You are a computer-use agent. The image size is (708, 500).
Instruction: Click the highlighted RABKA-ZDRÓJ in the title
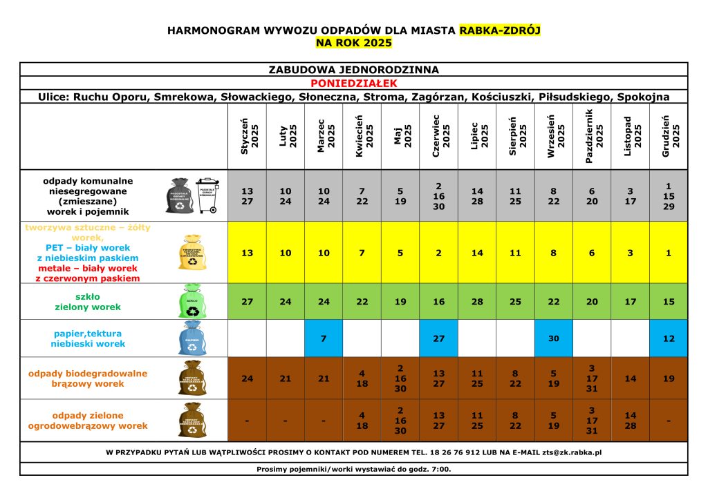pyautogui.click(x=499, y=30)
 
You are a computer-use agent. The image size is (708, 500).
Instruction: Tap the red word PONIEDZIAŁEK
pyautogui.click(x=353, y=83)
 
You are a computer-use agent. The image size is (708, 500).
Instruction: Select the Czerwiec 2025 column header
pyautogui.click(x=438, y=135)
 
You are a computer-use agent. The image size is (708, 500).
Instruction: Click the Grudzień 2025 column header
pyautogui.click(x=669, y=135)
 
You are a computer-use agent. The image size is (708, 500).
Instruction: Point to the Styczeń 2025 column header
pyautogui.click(x=247, y=135)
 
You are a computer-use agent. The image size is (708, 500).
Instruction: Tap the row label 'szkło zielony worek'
pyautogui.click(x=88, y=302)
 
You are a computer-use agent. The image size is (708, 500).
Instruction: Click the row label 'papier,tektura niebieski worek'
pyautogui.click(x=88, y=338)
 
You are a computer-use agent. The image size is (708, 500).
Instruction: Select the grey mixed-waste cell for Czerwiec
pyautogui.click(x=438, y=195)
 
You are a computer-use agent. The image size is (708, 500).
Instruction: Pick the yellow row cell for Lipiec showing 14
pyautogui.click(x=477, y=253)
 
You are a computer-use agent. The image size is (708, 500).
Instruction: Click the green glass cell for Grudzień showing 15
pyautogui.click(x=669, y=302)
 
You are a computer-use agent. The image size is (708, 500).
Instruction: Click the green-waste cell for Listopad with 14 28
pyautogui.click(x=630, y=421)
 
